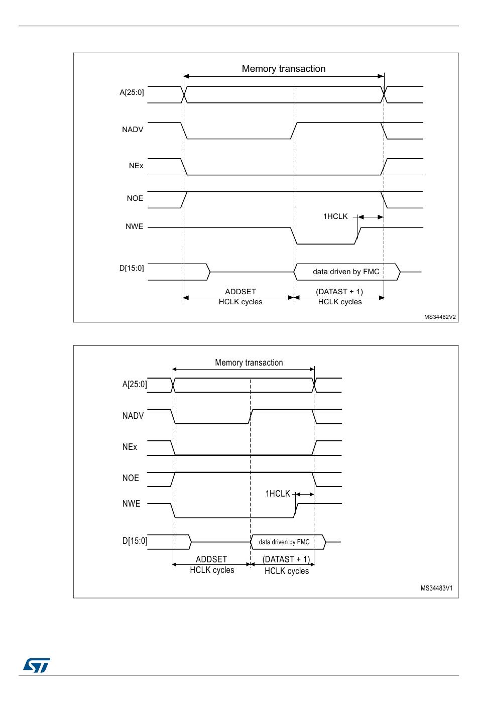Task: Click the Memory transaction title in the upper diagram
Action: [284, 69]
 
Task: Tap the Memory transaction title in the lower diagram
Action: [249, 363]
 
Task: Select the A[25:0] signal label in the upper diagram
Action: [132, 92]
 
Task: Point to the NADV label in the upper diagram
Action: [133, 130]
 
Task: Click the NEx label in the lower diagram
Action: [130, 447]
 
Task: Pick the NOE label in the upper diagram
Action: [135, 198]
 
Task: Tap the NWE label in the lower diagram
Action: [131, 504]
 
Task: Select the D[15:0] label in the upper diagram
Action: [132, 268]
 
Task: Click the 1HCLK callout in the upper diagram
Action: [335, 216]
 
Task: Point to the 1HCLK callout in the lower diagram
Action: [278, 494]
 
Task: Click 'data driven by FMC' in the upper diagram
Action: [346, 272]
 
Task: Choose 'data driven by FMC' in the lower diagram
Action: [284, 542]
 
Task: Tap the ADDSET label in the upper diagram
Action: [241, 292]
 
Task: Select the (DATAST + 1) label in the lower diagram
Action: [286, 559]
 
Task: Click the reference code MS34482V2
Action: [440, 317]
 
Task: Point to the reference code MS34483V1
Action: [436, 588]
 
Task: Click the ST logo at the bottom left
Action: [36, 665]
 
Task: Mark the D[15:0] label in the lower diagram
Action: [135, 541]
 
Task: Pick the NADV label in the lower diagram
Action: [133, 416]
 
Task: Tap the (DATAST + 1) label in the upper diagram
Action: [339, 292]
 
